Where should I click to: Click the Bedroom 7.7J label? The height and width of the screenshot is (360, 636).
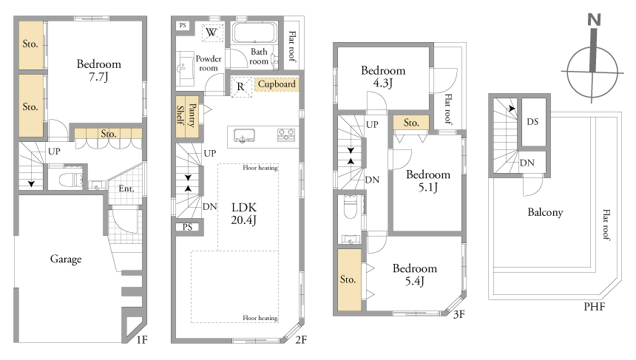pyautogui.click(x=98, y=70)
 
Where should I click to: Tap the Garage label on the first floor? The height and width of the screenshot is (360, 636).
pyautogui.click(x=66, y=259)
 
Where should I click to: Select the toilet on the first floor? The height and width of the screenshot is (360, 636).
pyautogui.click(x=70, y=179)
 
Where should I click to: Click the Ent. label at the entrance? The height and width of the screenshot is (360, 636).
pyautogui.click(x=126, y=189)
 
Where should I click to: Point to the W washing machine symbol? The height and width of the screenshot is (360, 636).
pyautogui.click(x=212, y=32)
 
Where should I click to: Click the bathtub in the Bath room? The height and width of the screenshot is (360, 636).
pyautogui.click(x=254, y=33)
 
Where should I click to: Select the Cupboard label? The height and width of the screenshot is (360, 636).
pyautogui.click(x=277, y=84)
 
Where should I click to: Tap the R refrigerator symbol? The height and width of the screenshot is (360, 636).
pyautogui.click(x=241, y=86)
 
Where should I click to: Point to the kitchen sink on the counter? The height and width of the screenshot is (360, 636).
pyautogui.click(x=244, y=135)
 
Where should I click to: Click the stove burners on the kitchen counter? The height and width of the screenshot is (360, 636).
pyautogui.click(x=285, y=135)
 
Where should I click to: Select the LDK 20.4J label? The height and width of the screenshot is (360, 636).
pyautogui.click(x=244, y=214)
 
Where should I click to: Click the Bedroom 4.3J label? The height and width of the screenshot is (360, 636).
pyautogui.click(x=383, y=76)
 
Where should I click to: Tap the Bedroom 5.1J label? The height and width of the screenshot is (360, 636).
pyautogui.click(x=428, y=181)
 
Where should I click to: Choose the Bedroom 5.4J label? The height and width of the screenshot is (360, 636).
pyautogui.click(x=415, y=274)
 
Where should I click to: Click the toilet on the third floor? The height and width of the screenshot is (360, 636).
pyautogui.click(x=350, y=206)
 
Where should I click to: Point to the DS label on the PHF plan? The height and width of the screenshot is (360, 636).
pyautogui.click(x=532, y=122)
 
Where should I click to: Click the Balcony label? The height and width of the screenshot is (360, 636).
pyautogui.click(x=545, y=212)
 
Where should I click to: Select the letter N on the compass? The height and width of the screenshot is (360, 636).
pyautogui.click(x=595, y=20)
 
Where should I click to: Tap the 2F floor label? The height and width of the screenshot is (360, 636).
pyautogui.click(x=301, y=340)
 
